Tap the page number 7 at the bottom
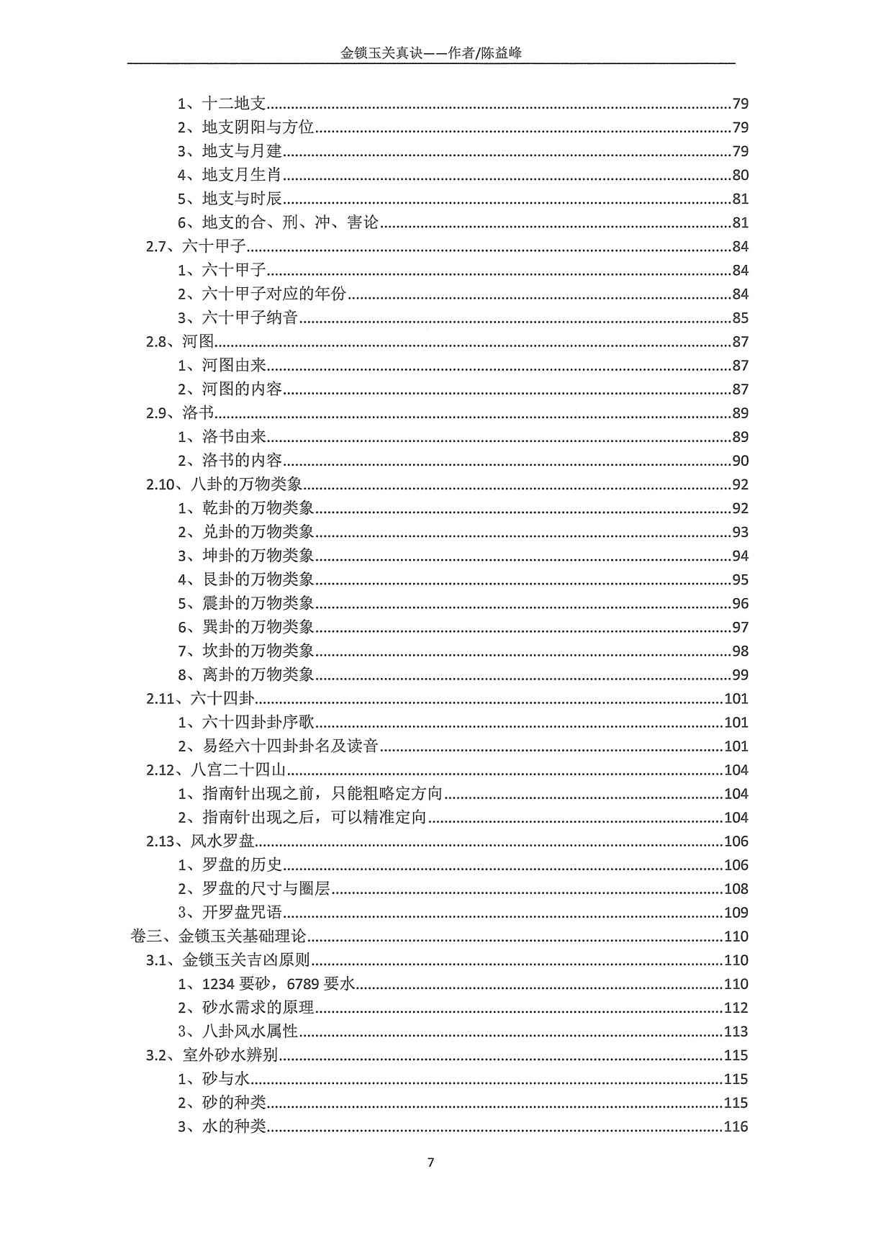[431, 1162]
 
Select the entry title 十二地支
[235, 104]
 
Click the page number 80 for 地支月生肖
[740, 175]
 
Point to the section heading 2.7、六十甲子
[196, 246]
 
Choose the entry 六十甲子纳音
[250, 317]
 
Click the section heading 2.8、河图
[181, 341]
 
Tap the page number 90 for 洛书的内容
[740, 461]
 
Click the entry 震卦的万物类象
[258, 603]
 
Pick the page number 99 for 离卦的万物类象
[740, 674]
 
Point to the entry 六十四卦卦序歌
[258, 722]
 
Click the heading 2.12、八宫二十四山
[217, 769]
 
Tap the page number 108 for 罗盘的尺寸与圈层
[736, 889]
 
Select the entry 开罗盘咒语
[242, 913]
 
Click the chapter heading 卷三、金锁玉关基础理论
[219, 936]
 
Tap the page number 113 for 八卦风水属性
[736, 1031]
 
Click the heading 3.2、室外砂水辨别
[212, 1055]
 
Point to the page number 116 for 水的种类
[736, 1126]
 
